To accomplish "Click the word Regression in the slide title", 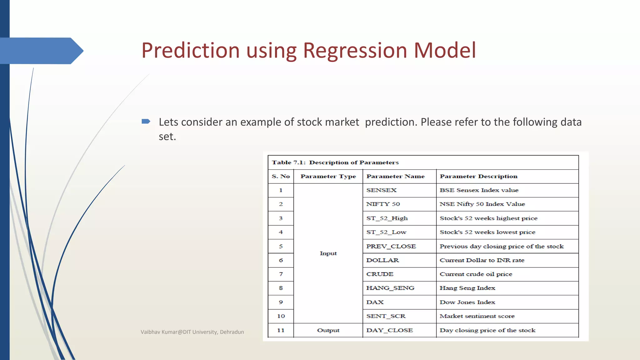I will coord(355,51).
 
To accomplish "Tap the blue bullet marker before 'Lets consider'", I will coord(146,121).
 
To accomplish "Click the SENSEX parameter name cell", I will coord(381,190).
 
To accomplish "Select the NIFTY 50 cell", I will coord(383,204).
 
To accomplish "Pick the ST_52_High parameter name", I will coord(387,218).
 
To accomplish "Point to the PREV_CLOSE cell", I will coord(391,246).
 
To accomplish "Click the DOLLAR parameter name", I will coord(382,260).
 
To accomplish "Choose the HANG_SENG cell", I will coord(390,288).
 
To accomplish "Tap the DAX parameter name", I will coord(375,302).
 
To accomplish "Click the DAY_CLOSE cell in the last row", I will coord(389,330).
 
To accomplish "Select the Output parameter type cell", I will coord(328,330).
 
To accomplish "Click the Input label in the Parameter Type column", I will coord(328,253).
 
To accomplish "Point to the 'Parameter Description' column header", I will coord(478,176).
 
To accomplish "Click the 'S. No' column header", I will coord(281,176).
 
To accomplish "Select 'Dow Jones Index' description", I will coord(467,302).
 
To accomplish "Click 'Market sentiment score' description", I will coord(477,316).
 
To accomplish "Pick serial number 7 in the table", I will coord(281,274).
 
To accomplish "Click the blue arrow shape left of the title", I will coord(41,51).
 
